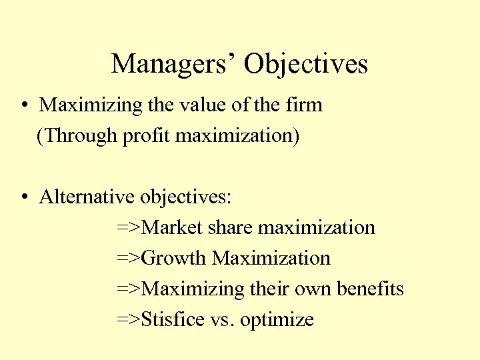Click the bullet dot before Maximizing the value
(23, 106)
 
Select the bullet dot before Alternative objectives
(23, 198)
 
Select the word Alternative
(87, 197)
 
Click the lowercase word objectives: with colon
(185, 198)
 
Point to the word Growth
(175, 259)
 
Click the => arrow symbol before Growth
(129, 259)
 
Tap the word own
(313, 290)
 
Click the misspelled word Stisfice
(173, 320)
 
